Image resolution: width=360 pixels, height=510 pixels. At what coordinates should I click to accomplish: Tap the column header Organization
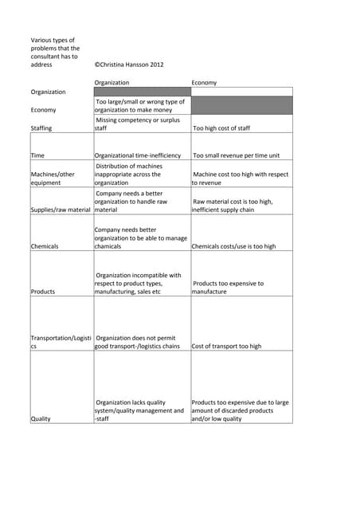(x=112, y=82)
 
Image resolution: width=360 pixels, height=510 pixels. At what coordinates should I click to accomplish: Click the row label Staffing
(x=41, y=127)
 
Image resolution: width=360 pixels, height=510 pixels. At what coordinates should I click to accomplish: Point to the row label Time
(x=37, y=155)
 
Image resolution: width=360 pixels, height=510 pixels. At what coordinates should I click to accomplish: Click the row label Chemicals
(x=45, y=246)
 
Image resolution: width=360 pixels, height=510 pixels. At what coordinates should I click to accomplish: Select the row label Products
(x=43, y=292)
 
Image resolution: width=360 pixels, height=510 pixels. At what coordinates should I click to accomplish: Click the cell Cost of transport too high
(x=226, y=347)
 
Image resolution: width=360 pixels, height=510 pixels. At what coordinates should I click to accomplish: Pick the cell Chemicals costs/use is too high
(x=233, y=246)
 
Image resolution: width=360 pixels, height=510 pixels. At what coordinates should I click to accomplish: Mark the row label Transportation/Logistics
(x=61, y=342)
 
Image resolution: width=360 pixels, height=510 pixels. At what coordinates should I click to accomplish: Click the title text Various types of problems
(x=55, y=52)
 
